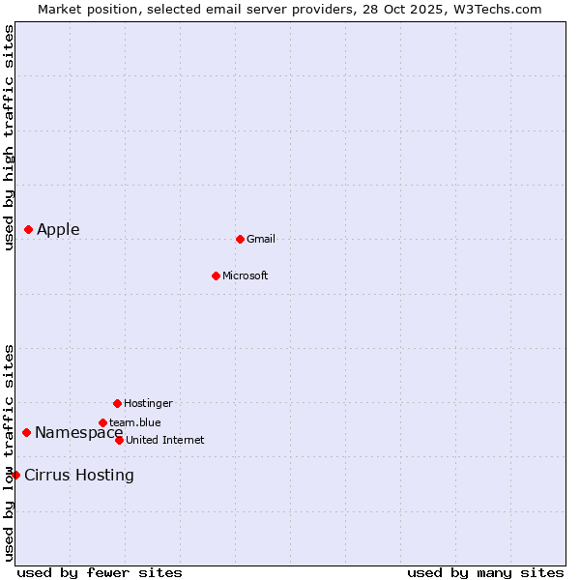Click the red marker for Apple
[x=29, y=229]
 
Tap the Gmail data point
[x=240, y=239]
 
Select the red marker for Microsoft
[x=216, y=275]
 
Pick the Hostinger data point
[x=117, y=403]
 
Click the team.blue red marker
[x=102, y=422]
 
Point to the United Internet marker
[x=119, y=440]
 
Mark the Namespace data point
[x=27, y=432]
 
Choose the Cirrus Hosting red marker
[x=15, y=475]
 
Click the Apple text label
[x=58, y=229]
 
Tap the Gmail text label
[x=261, y=239]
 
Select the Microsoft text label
[x=246, y=275]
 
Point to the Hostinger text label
[x=148, y=403]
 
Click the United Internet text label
[x=165, y=440]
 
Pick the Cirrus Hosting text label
[x=79, y=475]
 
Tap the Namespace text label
[x=78, y=432]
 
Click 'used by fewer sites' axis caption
[x=100, y=572]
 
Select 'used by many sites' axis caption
[x=485, y=572]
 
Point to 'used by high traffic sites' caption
[x=9, y=138]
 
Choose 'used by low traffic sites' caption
[x=9, y=451]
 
